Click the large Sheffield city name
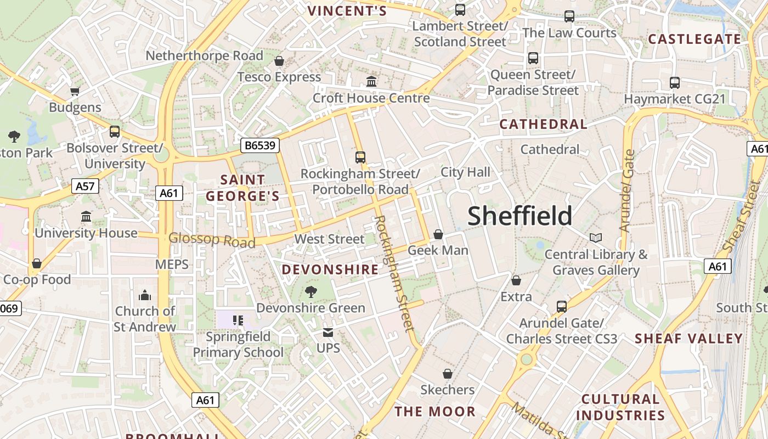[519, 216]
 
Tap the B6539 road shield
[261, 145]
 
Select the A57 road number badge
[85, 186]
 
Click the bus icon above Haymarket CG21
[675, 83]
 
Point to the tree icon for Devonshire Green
[310, 291]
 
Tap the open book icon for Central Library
[596, 238]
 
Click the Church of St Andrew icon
[145, 296]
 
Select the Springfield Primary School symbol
[238, 320]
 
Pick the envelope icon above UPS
[328, 333]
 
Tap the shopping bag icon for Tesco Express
[279, 61]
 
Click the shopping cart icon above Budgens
[75, 91]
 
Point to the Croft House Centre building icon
[371, 82]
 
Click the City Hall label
[465, 172]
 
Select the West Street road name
[329, 239]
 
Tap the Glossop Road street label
[212, 240]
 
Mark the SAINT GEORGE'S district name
[242, 188]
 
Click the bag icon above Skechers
[448, 374]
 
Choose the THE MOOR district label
[435, 412]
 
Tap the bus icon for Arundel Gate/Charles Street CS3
[562, 307]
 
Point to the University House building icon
[86, 217]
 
